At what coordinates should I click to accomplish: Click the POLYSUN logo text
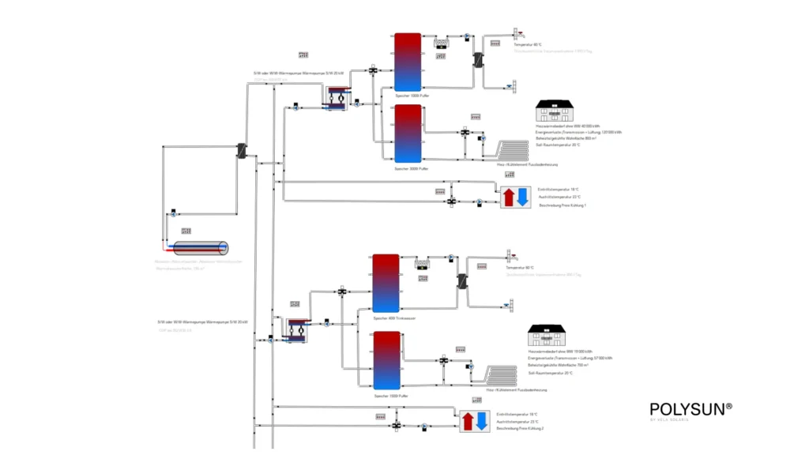690,408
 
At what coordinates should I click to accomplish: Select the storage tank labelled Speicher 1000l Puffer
407,62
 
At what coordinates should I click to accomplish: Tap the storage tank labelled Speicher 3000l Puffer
407,134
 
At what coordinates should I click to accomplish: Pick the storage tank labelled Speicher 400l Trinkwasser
386,283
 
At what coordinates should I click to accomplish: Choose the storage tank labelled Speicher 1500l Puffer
386,359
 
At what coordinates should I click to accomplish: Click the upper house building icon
558,111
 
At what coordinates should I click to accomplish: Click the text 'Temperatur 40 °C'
528,45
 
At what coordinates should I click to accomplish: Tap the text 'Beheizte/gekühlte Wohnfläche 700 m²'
562,366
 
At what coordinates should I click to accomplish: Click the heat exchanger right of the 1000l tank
479,60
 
